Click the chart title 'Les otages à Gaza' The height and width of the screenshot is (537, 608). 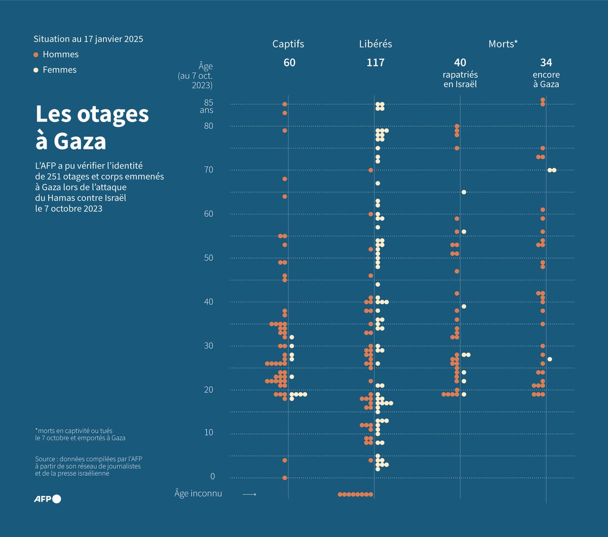[92, 128]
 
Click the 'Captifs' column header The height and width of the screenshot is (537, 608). [288, 44]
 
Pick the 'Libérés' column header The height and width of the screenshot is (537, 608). [375, 44]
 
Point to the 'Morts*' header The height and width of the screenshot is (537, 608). [503, 44]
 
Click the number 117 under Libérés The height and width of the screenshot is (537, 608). [375, 63]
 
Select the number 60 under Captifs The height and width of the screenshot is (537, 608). [289, 63]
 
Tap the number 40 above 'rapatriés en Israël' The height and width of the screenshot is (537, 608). [460, 63]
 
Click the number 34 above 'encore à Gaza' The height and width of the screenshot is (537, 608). [546, 63]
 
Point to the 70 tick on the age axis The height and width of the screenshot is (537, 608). [208, 170]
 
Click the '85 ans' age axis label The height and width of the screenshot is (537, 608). [207, 106]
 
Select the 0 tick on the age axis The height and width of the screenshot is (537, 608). [212, 476]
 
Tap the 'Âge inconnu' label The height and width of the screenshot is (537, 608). [198, 493]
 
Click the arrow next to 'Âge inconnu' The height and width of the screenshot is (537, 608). [249, 494]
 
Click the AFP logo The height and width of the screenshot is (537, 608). [48, 499]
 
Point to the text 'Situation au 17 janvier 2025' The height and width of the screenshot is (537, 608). [88, 39]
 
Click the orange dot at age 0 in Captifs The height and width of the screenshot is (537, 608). [285, 478]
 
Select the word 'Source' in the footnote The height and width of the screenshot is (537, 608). [46, 459]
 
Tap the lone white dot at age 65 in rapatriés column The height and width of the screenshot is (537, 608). [464, 192]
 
